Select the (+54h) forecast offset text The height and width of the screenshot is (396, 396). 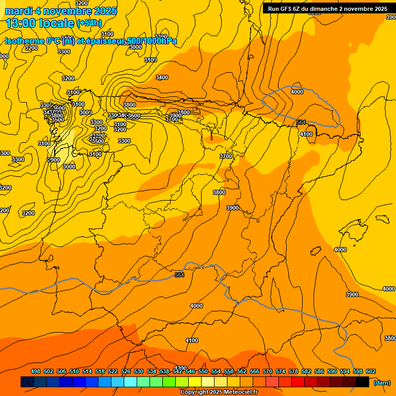[x=89, y=23]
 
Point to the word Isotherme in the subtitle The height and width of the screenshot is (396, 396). [x=24, y=41]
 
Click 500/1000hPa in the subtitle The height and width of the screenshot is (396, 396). [x=152, y=41]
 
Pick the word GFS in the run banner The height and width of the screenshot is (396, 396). [x=287, y=9]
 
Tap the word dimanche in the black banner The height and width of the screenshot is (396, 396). [x=325, y=9]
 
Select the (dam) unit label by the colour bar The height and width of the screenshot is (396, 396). [x=382, y=383]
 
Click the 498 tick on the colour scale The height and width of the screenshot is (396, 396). [x=36, y=372]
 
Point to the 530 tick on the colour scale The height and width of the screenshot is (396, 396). [x=139, y=372]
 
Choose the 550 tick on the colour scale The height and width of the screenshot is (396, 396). [x=203, y=372]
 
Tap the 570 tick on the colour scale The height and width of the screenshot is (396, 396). [x=268, y=372]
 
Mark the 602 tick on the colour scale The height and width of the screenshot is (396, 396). [x=371, y=372]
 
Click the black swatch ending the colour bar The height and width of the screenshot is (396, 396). [x=362, y=382]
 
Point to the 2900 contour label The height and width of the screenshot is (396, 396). [x=54, y=160]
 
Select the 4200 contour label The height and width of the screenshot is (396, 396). [x=180, y=368]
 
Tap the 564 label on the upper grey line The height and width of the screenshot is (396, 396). [x=302, y=122]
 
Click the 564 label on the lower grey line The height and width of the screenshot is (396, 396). [x=179, y=275]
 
